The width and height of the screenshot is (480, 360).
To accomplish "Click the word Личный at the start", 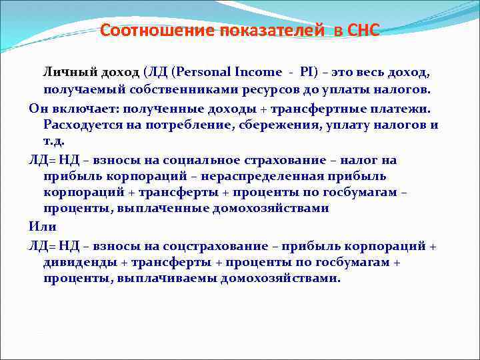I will (71, 71).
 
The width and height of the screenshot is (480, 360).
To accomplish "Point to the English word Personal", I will (215, 71).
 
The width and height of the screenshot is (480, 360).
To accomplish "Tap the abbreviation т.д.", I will (54, 142).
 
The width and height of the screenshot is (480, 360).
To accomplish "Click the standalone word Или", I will (42, 227).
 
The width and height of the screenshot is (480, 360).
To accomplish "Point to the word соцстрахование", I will (217, 245).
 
